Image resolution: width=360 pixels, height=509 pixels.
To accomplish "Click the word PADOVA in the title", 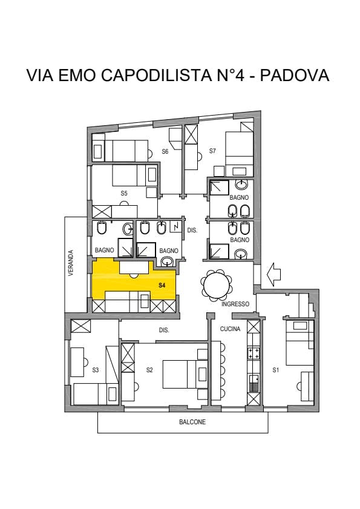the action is coord(295,75).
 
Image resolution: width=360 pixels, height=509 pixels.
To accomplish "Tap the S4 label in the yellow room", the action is coord(162,285).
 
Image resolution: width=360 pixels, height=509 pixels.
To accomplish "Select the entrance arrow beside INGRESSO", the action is coord(273,274).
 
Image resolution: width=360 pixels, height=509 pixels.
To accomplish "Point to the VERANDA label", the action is coord(71,263).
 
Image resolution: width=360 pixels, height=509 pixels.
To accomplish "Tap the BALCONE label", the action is coord(192,422).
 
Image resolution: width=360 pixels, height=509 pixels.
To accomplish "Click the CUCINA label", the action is coord(230,329).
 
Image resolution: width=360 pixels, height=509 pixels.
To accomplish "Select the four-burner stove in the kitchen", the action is coord(254,353).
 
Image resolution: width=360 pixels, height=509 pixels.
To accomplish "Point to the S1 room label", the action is coord(276,370).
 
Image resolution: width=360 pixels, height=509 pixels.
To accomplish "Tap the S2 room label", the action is coord(149,370).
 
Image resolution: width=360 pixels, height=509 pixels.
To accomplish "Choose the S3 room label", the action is coord(96,370).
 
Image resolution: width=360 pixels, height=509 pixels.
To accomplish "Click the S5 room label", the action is coord(124,193).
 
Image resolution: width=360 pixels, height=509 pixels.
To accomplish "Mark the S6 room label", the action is coord(165,151).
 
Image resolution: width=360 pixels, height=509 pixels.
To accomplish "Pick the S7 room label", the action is coord(212,151).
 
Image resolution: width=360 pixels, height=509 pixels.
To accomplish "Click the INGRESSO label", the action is coord(235,304).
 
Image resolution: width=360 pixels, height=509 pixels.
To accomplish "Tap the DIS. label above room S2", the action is coord(164,330).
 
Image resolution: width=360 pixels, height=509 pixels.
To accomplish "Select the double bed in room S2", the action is coord(185,374).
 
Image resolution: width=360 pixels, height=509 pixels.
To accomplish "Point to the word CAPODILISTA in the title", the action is coord(155,75).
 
